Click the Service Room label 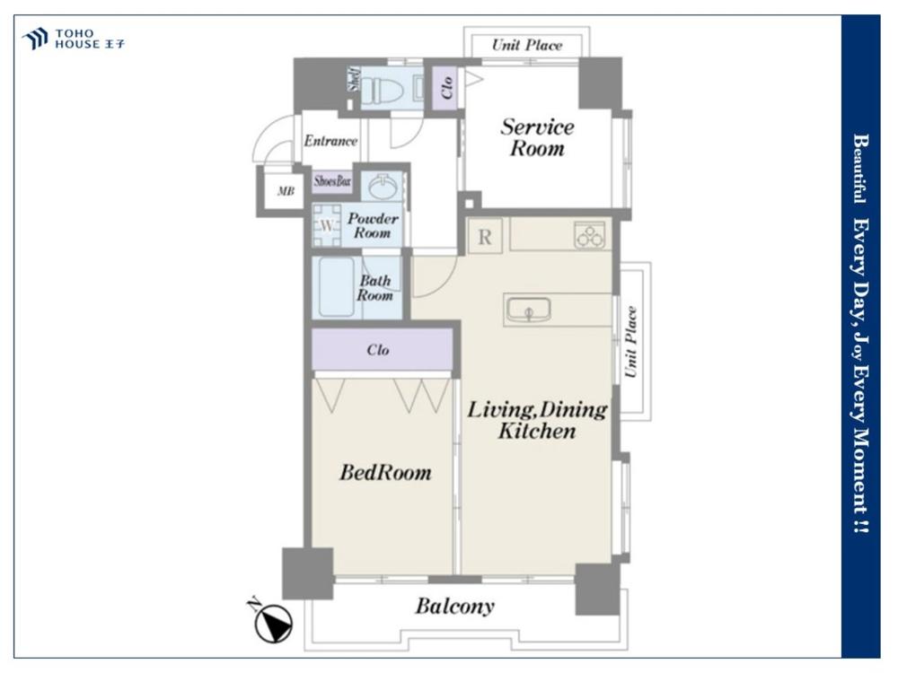537,137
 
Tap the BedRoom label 385,473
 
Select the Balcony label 454,606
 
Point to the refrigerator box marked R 485,236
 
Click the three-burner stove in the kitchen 589,235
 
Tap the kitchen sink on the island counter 528,310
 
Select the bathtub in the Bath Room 336,287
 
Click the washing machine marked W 326,225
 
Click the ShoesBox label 332,181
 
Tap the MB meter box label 286,191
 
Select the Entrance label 330,141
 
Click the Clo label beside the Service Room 447,88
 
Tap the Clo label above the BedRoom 378,350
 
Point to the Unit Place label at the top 527,45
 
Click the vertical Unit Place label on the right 630,342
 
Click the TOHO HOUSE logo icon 35,39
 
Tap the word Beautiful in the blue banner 859,169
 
